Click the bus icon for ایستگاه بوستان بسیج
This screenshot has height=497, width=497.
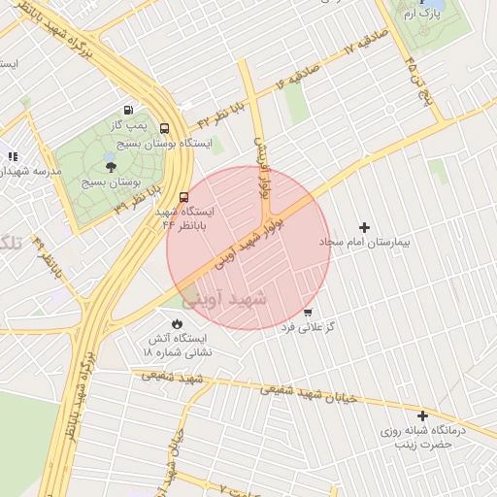pos(163,127)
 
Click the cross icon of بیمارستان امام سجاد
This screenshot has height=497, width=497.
pos(365,226)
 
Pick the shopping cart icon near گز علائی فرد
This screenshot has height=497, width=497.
pos(308,313)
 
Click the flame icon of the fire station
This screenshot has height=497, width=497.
pos(177,323)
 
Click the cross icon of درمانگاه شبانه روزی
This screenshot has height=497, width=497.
pos(422,415)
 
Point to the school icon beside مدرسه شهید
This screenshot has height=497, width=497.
pos(13,155)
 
